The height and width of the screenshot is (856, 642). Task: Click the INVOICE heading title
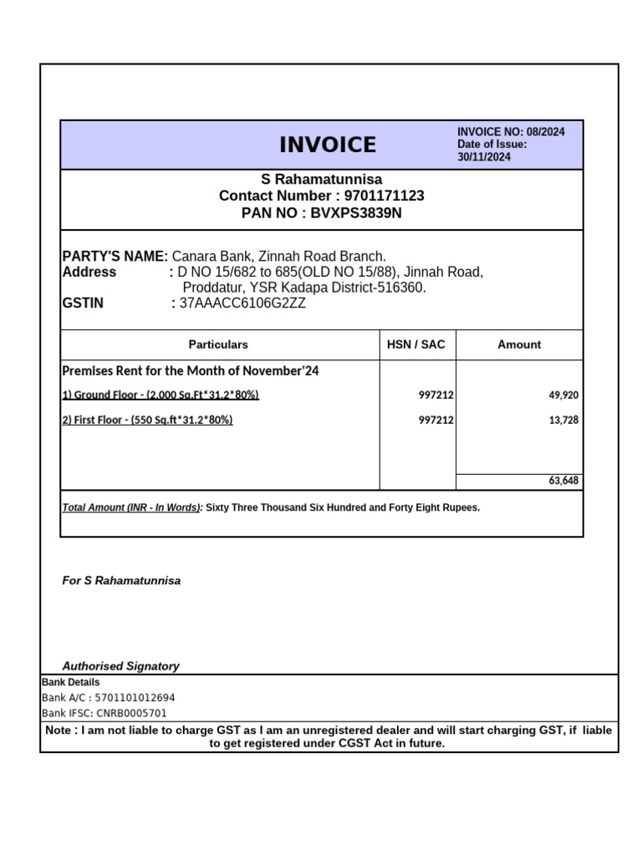[328, 145]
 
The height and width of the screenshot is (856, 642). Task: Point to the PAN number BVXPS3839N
[357, 213]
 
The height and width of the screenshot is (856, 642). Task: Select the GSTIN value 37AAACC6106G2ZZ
[242, 303]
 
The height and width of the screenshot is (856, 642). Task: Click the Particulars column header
[218, 344]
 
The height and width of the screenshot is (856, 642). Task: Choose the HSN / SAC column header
[416, 344]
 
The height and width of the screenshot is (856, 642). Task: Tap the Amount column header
[519, 344]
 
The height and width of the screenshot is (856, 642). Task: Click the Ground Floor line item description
[160, 395]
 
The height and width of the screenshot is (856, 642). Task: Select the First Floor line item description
[147, 420]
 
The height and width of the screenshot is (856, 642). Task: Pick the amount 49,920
[563, 395]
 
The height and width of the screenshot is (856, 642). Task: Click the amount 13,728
[563, 420]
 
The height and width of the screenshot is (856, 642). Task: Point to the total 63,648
[563, 481]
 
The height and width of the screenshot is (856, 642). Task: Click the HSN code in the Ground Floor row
[436, 395]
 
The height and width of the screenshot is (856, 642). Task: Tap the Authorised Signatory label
[121, 666]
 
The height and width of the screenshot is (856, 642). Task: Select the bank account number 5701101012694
[135, 698]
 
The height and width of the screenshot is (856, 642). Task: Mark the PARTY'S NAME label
[115, 256]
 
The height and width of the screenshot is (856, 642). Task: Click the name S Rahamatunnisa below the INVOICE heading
[322, 179]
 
